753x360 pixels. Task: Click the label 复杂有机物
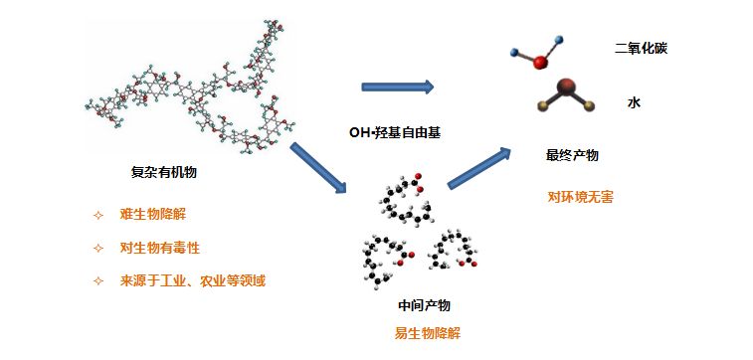pyautogui.click(x=163, y=172)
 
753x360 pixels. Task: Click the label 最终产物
pyautogui.click(x=572, y=156)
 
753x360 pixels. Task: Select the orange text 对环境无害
pyautogui.click(x=580, y=196)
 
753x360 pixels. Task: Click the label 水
pyautogui.click(x=633, y=102)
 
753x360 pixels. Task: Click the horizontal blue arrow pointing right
pyautogui.click(x=397, y=88)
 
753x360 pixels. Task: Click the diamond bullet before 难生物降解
pyautogui.click(x=97, y=215)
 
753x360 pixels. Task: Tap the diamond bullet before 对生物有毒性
pyautogui.click(x=97, y=248)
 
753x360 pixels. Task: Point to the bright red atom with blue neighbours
pyautogui.click(x=540, y=63)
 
